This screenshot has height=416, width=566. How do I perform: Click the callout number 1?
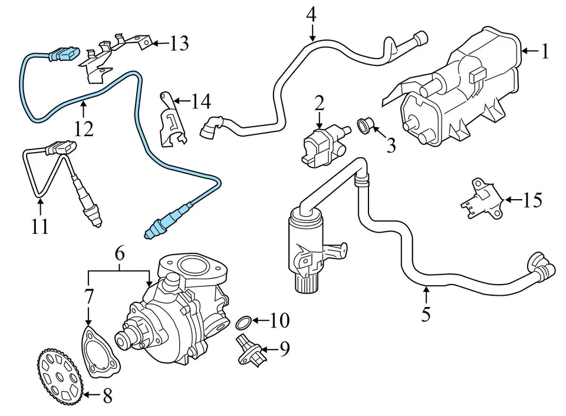pyautogui.click(x=545, y=52)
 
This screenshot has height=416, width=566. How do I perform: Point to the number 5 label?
pyautogui.click(x=426, y=314)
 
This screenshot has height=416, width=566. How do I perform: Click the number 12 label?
pyautogui.click(x=84, y=128)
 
